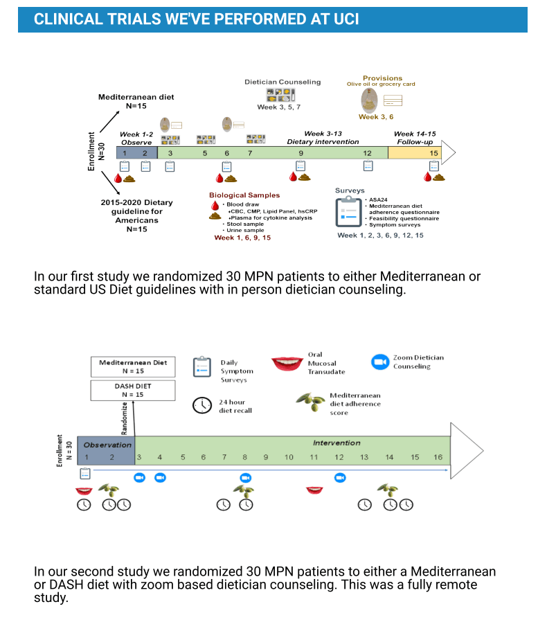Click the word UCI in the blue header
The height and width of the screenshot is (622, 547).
pyautogui.click(x=346, y=19)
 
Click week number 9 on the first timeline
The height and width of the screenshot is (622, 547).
pyautogui.click(x=301, y=153)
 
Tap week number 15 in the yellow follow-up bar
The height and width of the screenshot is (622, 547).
pyautogui.click(x=433, y=153)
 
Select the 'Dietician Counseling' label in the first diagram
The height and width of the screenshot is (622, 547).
pyautogui.click(x=283, y=82)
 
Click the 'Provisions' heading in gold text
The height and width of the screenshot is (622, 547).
pyautogui.click(x=382, y=78)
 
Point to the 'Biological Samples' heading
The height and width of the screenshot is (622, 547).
pyautogui.click(x=244, y=195)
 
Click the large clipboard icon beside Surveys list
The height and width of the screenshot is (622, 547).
pyautogui.click(x=348, y=212)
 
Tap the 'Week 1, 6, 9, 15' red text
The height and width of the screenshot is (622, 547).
pyautogui.click(x=242, y=238)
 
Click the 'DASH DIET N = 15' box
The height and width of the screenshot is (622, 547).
pyautogui.click(x=133, y=391)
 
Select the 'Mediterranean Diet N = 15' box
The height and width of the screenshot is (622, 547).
pyautogui.click(x=133, y=367)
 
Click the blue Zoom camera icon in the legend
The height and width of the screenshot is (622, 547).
pyautogui.click(x=380, y=362)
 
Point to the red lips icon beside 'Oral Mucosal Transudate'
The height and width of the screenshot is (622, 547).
pyautogui.click(x=287, y=363)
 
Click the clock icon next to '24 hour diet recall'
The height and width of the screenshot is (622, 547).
pyautogui.click(x=202, y=405)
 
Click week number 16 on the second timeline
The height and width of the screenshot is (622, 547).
pyautogui.click(x=438, y=457)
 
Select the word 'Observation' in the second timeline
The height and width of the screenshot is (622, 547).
pyautogui.click(x=107, y=445)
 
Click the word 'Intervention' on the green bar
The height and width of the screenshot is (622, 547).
pyautogui.click(x=337, y=443)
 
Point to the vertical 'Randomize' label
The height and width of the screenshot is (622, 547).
pyautogui.click(x=124, y=418)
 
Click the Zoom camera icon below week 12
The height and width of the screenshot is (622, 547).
pyautogui.click(x=340, y=478)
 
